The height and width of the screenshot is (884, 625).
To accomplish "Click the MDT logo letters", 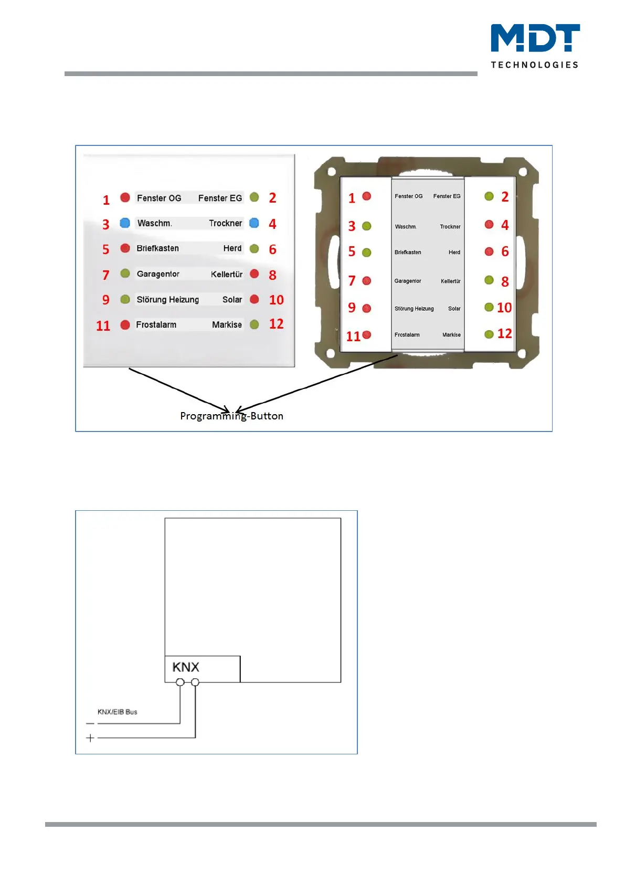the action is coord(535,38).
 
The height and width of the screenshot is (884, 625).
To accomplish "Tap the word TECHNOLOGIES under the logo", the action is coord(534,65).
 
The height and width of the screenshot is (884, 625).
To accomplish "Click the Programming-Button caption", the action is coord(231,416).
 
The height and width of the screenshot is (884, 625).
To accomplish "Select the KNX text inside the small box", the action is coord(186,667).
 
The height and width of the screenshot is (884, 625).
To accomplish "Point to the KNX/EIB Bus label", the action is coord(117,712).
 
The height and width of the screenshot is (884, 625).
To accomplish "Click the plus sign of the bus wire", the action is coord(90,738).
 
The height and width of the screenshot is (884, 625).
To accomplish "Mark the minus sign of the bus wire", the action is coord(90,724).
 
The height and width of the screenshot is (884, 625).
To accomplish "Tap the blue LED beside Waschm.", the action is coord(125,223).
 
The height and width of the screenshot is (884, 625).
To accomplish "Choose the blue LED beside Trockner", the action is coord(254,223).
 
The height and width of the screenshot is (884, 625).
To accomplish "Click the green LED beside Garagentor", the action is coord(125,273).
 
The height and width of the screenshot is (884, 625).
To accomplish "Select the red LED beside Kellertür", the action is coord(255,273).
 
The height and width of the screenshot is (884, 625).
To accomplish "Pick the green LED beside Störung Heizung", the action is coord(125,299).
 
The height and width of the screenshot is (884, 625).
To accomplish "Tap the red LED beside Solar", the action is coord(255,299).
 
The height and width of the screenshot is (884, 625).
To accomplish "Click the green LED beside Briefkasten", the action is coord(367,252).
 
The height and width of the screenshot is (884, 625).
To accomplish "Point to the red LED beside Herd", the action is coord(489,251).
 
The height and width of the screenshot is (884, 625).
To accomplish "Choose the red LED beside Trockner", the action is coord(489,225).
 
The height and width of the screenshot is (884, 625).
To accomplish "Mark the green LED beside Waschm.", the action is coord(367,226).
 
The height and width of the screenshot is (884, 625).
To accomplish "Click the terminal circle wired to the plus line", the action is coord(195,682).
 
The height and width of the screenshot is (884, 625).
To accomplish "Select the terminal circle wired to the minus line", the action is coord(180,682).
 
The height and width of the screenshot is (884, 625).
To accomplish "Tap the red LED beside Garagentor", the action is coord(367,281).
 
